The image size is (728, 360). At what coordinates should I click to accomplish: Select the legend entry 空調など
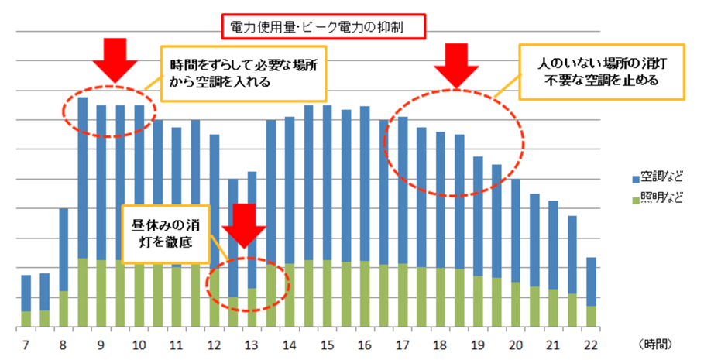click(x=663, y=177)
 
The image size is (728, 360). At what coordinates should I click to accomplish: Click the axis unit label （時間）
click(x=658, y=342)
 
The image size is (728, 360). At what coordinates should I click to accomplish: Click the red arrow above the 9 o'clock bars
click(x=114, y=59)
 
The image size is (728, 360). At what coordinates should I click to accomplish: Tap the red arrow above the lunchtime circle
click(x=243, y=227)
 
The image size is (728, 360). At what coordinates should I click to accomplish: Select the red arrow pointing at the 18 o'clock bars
click(x=457, y=65)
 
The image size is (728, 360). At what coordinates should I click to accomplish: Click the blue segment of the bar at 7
click(x=26, y=293)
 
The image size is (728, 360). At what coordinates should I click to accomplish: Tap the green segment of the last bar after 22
click(x=590, y=316)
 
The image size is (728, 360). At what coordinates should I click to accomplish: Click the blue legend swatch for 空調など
click(x=637, y=177)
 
